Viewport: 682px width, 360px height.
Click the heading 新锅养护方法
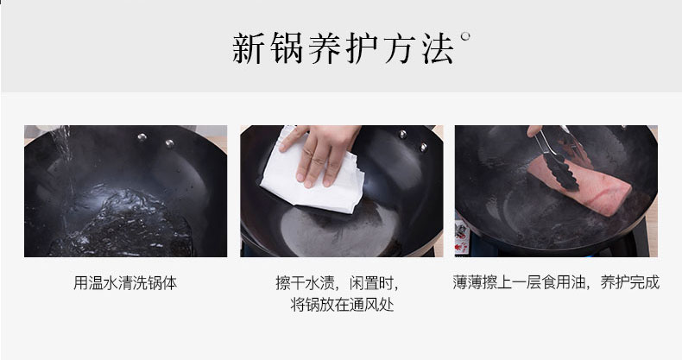pos(344,49)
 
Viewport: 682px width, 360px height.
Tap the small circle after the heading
pos(465,36)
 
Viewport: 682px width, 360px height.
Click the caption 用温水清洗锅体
pos(125,283)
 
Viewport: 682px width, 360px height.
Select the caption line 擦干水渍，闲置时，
pos(337,283)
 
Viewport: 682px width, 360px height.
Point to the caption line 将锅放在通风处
pos(342,305)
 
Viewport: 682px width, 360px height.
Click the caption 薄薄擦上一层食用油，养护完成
pos(556,282)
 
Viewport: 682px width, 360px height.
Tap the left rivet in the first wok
pos(142,137)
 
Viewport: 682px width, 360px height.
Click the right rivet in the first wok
pos(169,143)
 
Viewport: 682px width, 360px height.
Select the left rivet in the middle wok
pos(403,134)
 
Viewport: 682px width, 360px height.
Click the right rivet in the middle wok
pos(423,147)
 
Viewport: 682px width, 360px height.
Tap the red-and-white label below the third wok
pos(462,236)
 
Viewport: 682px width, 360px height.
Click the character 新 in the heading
pos(248,49)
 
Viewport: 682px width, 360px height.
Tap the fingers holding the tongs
pos(534,130)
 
